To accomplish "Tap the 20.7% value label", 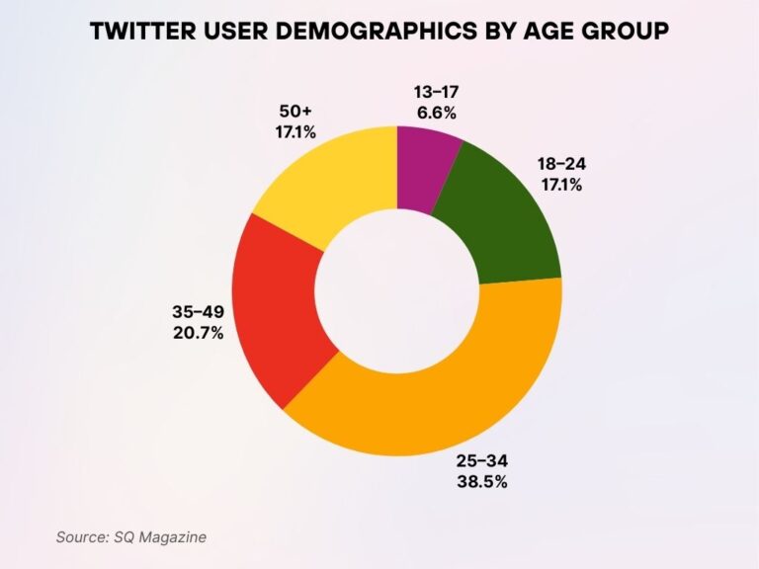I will click(x=198, y=333).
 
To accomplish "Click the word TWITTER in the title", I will click(x=142, y=32).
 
